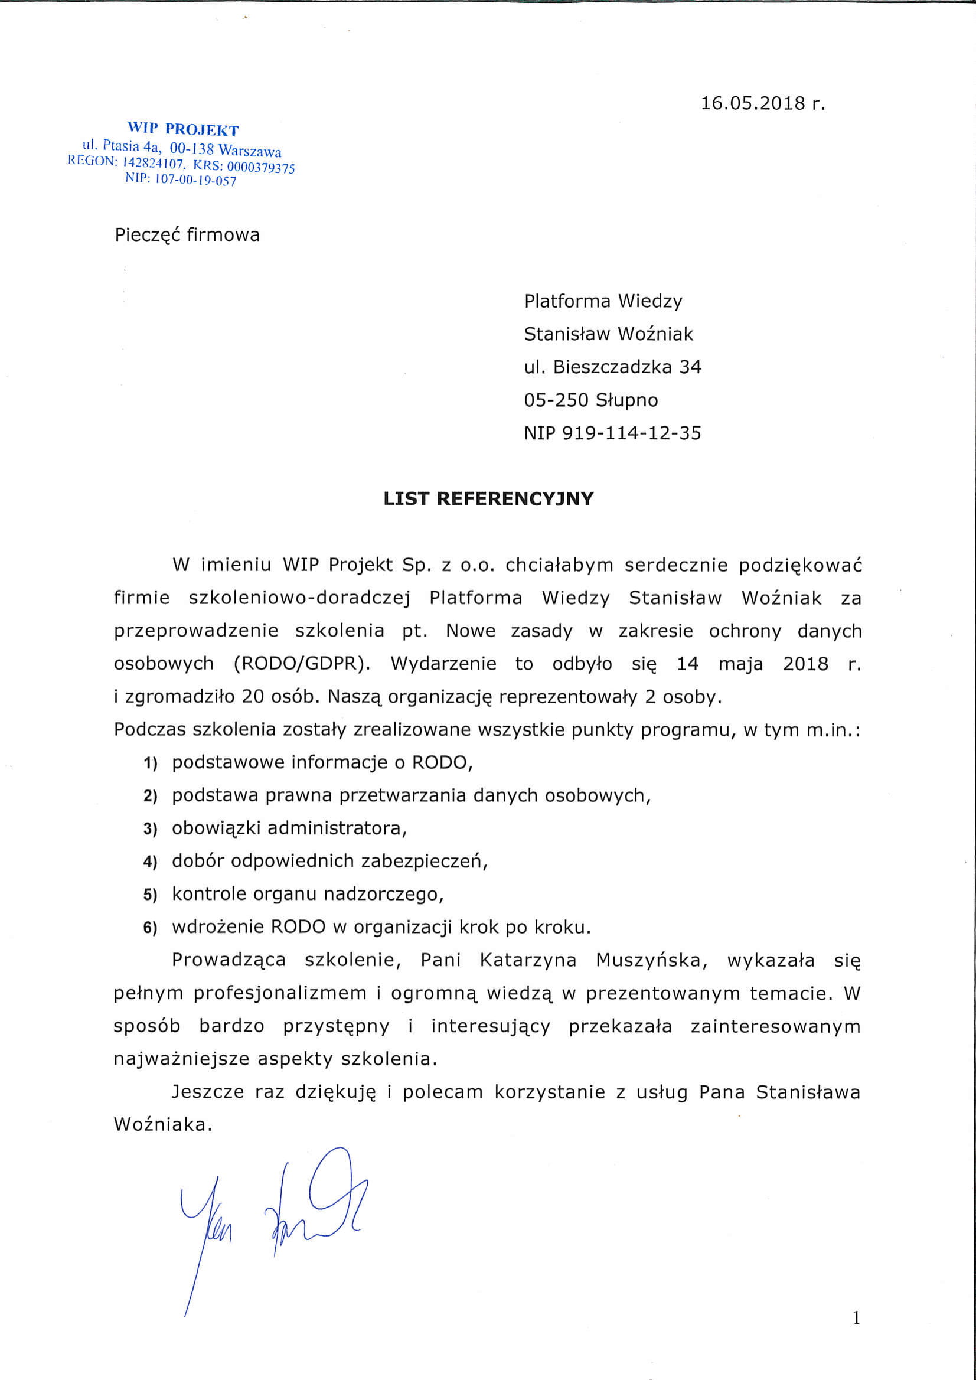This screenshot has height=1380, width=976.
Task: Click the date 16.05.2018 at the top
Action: click(763, 103)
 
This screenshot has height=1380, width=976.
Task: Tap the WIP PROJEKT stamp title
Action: click(182, 130)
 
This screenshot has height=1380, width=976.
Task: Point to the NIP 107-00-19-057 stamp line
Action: click(180, 179)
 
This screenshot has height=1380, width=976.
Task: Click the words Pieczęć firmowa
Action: click(187, 235)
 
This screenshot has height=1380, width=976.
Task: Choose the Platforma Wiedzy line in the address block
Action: click(603, 301)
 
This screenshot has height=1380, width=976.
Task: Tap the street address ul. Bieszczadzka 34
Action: click(612, 367)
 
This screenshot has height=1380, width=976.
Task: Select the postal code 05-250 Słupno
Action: click(591, 400)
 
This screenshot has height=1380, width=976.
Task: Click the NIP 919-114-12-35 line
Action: click(612, 433)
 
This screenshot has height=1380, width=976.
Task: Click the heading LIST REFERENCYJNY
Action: click(488, 499)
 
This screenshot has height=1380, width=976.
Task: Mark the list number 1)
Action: click(149, 764)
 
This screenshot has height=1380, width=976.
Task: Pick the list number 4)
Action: click(149, 862)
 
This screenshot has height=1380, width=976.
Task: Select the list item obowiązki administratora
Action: click(289, 828)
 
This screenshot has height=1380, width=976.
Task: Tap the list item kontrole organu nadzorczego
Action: click(308, 895)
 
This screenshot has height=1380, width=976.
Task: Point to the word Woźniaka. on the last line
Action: click(164, 1124)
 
